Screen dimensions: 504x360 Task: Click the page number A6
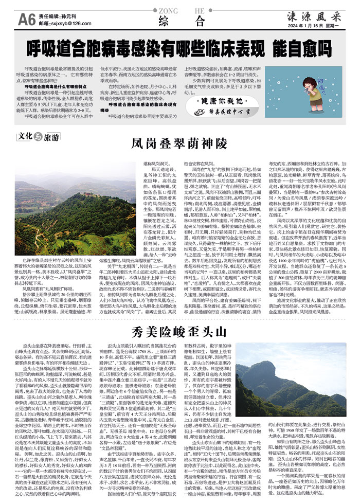27,20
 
